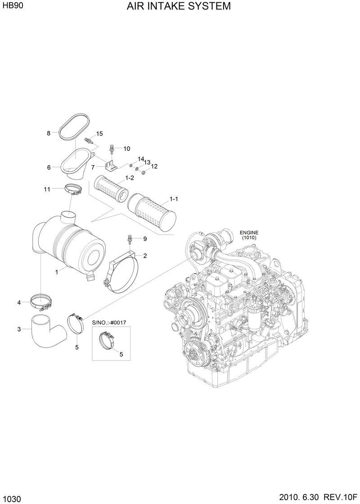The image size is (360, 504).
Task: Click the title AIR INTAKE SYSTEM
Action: (x=179, y=6)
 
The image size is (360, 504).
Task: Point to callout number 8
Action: (x=49, y=133)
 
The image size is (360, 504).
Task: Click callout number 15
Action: (x=99, y=134)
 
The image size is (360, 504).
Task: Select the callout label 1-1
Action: (x=174, y=199)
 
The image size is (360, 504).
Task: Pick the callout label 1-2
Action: (x=130, y=178)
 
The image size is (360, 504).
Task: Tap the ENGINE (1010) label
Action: (x=248, y=235)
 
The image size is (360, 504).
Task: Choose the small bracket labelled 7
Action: (x=110, y=166)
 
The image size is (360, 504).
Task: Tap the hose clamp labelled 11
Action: (x=73, y=190)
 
